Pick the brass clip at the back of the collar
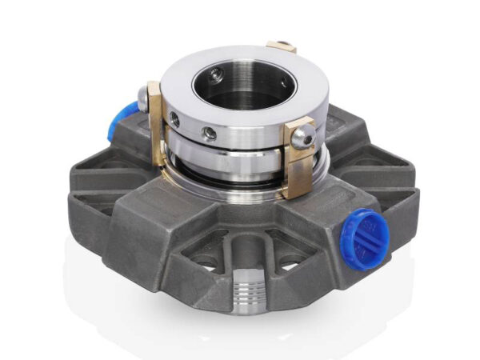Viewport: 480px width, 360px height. pos(281,47)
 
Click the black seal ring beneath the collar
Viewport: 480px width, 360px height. pos(240,171)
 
